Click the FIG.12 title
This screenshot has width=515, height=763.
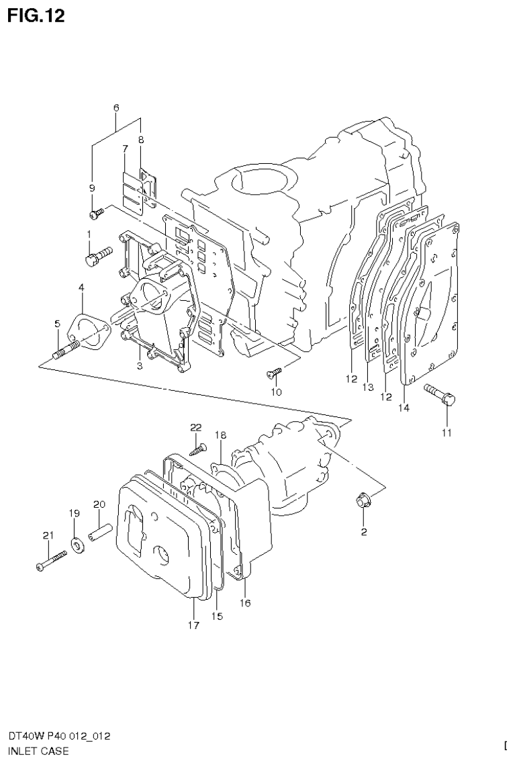[37, 15]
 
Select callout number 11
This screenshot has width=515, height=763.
[447, 433]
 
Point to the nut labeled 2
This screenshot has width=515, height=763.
[363, 500]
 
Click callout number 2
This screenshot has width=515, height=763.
[363, 533]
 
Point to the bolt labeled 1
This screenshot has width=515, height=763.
[97, 256]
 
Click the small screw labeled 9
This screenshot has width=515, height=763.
[97, 213]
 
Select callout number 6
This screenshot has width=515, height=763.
[115, 107]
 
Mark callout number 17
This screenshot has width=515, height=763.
[193, 625]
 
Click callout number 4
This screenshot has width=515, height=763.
[81, 287]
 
